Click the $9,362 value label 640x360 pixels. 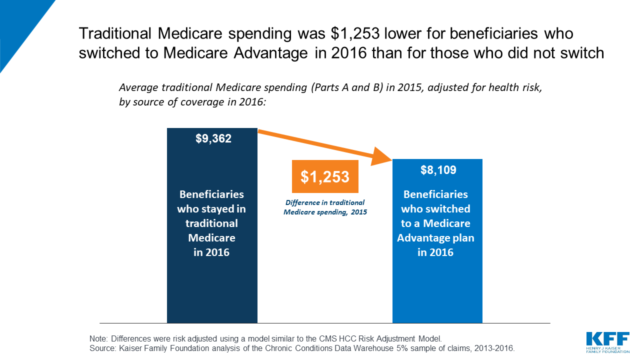[x=213, y=139]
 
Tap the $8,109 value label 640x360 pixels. [x=438, y=170]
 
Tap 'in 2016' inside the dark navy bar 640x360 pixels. [x=211, y=252]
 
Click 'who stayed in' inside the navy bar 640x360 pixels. [x=211, y=209]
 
